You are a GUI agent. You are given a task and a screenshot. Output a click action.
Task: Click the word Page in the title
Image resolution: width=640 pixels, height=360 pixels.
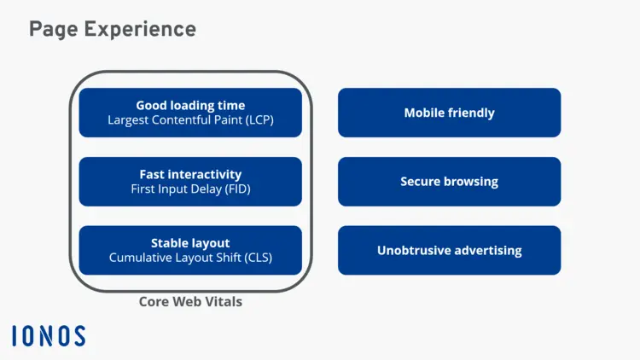coord(55,30)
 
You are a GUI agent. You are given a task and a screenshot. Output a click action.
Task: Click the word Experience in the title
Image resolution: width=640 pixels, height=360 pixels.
coord(141,30)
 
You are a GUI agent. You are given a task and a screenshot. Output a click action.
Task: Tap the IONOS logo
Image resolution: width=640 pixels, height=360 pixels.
coord(49,335)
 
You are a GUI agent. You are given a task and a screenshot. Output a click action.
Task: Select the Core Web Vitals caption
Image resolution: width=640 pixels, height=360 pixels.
coord(190,301)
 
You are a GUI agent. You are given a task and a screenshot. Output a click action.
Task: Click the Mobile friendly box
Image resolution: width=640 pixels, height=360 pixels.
coord(449,113)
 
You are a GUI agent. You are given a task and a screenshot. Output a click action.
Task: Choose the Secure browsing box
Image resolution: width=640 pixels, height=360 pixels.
coord(449,182)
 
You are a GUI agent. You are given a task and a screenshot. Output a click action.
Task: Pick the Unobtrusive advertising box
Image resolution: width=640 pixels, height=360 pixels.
coord(449,251)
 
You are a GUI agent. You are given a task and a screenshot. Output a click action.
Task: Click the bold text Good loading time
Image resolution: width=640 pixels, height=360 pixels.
coord(190,106)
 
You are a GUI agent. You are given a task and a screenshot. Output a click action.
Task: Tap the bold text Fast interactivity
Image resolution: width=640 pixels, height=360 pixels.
coord(190,175)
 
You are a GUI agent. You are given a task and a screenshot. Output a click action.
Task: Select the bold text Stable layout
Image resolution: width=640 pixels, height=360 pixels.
coord(190,243)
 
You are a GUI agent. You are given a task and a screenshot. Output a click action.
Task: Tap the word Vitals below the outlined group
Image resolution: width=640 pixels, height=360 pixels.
coord(225,301)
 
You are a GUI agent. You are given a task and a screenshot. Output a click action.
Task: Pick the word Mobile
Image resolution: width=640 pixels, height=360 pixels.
coord(424,113)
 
